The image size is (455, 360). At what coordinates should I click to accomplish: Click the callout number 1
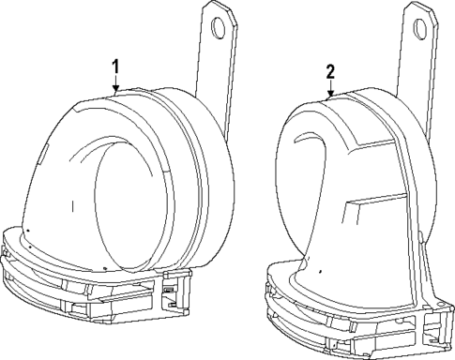pos(115,66)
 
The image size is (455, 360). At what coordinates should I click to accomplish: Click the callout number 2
pos(330,71)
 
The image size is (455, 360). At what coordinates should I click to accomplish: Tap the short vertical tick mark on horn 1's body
pos(72,204)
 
